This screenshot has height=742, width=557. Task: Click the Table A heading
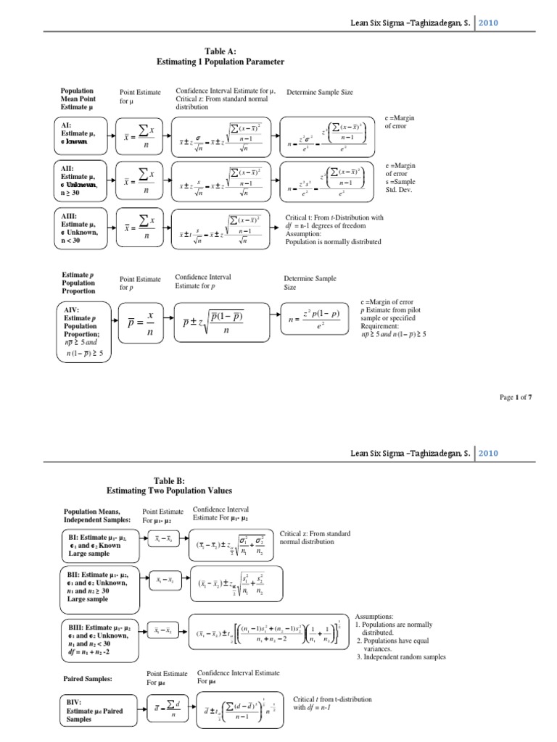pyautogui.click(x=220, y=57)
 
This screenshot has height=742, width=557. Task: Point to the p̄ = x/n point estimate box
pyautogui.click(x=146, y=323)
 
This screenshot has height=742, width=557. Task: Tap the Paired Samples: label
pyautogui.click(x=86, y=679)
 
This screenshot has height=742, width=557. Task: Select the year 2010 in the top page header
pyautogui.click(x=486, y=22)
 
